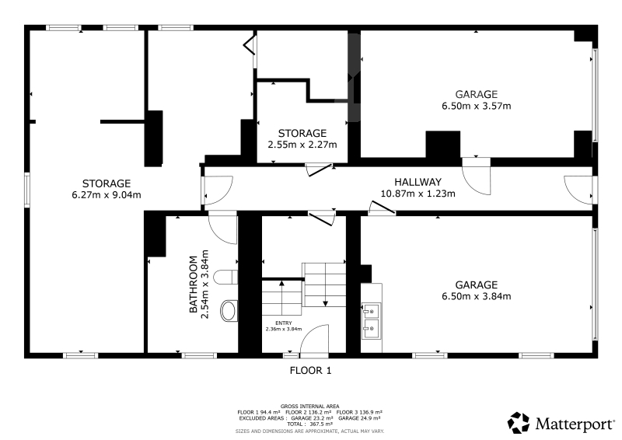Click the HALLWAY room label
click(418, 182)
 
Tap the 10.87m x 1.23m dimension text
click(418, 194)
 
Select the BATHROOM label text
click(193, 284)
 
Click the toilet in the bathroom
click(225, 277)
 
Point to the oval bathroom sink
click(229, 311)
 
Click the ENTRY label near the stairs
click(284, 323)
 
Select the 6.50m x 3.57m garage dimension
click(477, 106)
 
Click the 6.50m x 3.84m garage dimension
click(477, 296)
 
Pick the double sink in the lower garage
click(372, 321)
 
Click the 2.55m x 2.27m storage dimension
click(302, 145)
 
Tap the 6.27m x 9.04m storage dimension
click(107, 195)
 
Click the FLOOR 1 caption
click(310, 371)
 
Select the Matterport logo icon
click(519, 423)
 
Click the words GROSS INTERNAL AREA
click(309, 407)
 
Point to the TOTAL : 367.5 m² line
click(309, 424)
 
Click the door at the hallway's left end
click(218, 190)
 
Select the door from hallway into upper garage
click(477, 176)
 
